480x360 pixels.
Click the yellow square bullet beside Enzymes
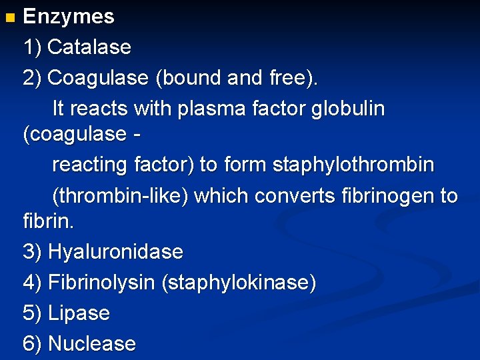point(8,16)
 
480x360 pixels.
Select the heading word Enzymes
point(69,17)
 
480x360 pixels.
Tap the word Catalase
point(89,47)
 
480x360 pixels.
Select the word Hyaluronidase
point(115,252)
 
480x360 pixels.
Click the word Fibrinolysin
point(102,283)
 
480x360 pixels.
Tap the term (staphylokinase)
point(239,283)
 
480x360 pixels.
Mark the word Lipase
point(79,313)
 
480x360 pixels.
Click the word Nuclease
point(92,344)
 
